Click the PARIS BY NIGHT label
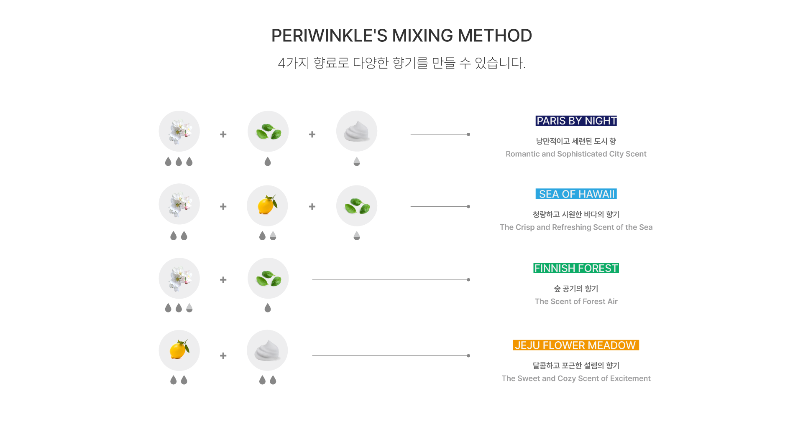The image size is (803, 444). [576, 121]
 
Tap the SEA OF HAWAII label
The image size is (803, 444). [576, 194]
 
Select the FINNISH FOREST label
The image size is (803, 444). [576, 268]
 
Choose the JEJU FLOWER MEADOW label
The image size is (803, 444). [576, 345]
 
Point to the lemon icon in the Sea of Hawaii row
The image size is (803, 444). [267, 206]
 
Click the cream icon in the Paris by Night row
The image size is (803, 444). [357, 131]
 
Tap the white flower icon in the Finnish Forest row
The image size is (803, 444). [179, 278]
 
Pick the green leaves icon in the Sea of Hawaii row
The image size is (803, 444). [357, 206]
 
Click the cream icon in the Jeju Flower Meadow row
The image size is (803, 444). [267, 350]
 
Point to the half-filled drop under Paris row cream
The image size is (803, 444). [357, 162]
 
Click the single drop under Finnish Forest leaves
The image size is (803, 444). [268, 308]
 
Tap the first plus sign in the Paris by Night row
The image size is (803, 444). [223, 134]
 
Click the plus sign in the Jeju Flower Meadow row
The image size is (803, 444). [223, 356]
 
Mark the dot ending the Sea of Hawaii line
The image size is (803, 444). [468, 207]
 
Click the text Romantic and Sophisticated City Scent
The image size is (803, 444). [576, 154]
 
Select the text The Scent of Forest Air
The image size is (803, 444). [576, 302]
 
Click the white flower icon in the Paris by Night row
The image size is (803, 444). [179, 131]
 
